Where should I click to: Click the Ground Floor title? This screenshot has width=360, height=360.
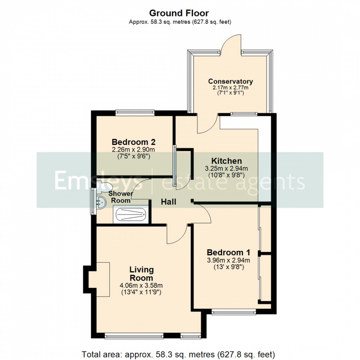[179, 13]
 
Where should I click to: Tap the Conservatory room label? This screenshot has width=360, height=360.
[230, 82]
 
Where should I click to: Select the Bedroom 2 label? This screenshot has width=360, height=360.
[134, 142]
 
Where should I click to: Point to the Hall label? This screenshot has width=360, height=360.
[169, 202]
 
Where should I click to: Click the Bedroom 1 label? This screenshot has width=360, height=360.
[228, 253]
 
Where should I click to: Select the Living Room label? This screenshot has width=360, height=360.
[141, 274]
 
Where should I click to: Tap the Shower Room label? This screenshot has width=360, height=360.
[120, 197]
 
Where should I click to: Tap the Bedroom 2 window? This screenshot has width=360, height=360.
[135, 113]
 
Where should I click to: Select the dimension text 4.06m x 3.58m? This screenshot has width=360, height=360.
[141, 286]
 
